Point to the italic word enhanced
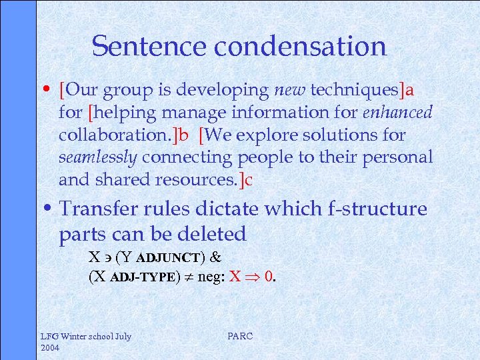[397, 112]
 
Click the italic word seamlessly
[98, 157]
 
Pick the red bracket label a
[409, 89]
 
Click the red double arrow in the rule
[251, 275]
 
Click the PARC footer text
[240, 337]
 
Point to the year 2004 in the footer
[51, 348]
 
